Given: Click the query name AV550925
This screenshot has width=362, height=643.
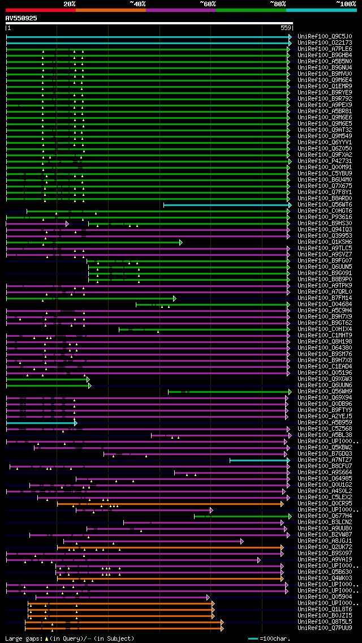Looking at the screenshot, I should click(x=21, y=18).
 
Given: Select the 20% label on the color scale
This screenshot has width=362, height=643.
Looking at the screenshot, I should click(x=69, y=3).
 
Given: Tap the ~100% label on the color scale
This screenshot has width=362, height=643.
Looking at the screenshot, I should click(x=345, y=3).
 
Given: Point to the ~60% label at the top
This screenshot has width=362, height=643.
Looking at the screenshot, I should click(x=208, y=3).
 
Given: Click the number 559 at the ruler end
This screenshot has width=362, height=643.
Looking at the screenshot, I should click(x=286, y=28).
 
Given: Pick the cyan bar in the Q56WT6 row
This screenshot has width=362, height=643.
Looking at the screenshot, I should click(x=226, y=204).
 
